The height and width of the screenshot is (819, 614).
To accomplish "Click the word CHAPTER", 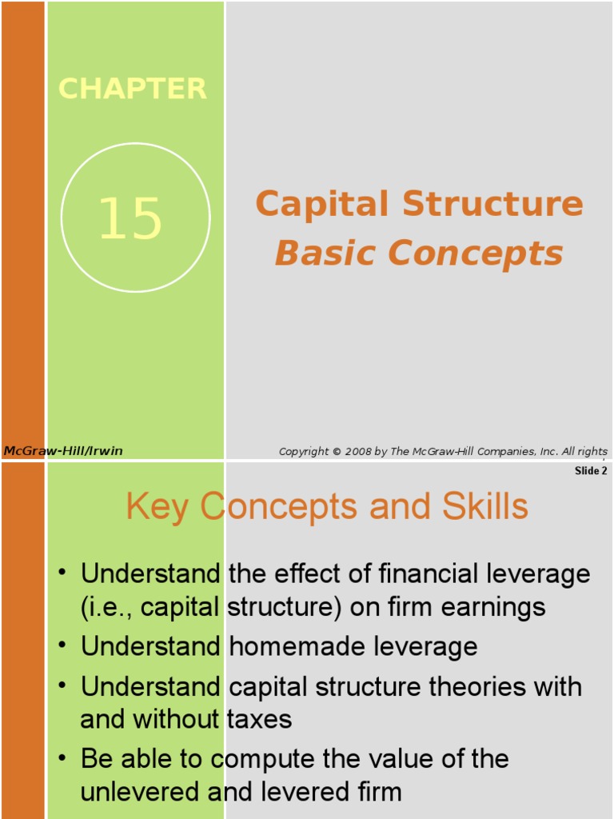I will pyautogui.click(x=133, y=89).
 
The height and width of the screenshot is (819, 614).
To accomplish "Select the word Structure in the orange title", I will pyautogui.click(x=492, y=204).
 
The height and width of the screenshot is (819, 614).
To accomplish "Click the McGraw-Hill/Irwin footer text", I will pyautogui.click(x=63, y=451).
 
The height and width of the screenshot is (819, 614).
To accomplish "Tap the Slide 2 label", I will pyautogui.click(x=591, y=471).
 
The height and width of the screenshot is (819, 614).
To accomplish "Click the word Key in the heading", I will pyautogui.click(x=159, y=507).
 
